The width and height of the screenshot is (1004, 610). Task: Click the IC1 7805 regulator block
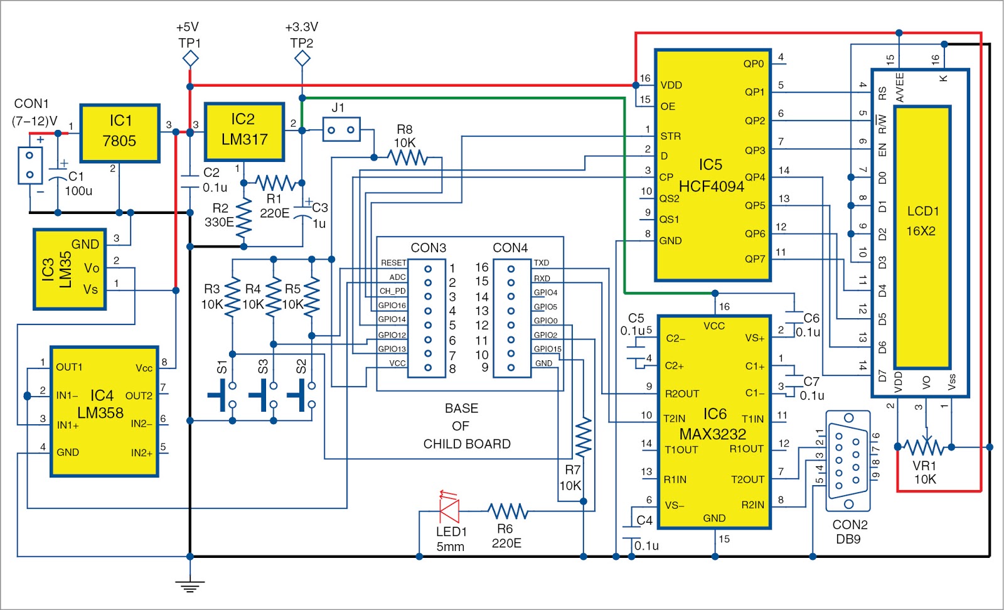click(x=119, y=133)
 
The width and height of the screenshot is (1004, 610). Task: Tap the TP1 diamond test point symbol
click(x=190, y=59)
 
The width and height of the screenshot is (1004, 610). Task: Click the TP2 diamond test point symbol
click(x=302, y=59)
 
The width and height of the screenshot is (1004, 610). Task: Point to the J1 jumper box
click(x=341, y=130)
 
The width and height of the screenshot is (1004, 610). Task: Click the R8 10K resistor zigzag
click(x=408, y=158)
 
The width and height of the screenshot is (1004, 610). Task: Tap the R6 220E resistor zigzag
click(x=508, y=511)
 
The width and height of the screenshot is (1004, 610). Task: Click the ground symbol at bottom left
click(x=190, y=586)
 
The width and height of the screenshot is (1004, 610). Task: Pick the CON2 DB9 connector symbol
click(x=847, y=461)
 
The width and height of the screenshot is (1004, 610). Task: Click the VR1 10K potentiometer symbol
click(x=924, y=447)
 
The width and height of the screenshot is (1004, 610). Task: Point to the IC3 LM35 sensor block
click(x=70, y=269)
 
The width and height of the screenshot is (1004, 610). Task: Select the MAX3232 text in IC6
click(x=713, y=434)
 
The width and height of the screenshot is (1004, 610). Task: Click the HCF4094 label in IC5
click(x=711, y=186)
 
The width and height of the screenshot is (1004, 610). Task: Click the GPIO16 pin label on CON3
click(x=392, y=306)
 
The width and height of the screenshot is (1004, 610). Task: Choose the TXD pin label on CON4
click(x=541, y=263)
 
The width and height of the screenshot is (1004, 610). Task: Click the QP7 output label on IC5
click(x=754, y=259)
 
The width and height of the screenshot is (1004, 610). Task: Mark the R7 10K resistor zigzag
click(x=583, y=437)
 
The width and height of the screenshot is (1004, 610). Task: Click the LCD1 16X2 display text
click(x=922, y=221)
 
